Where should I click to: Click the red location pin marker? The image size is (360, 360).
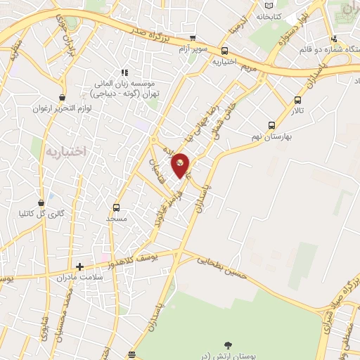181,165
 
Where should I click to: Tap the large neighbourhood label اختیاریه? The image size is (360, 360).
65,151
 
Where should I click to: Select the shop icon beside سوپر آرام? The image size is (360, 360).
193,39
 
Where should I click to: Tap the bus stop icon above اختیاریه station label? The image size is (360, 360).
224,51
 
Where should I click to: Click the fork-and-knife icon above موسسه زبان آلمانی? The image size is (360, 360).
124,72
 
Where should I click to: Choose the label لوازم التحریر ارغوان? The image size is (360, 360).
63,109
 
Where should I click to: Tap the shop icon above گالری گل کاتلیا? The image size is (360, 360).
50,201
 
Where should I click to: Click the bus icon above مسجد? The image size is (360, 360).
116,207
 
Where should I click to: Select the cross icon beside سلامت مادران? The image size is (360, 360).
79,266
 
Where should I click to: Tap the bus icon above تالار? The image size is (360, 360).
298,100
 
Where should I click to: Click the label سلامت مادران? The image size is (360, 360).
78,278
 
